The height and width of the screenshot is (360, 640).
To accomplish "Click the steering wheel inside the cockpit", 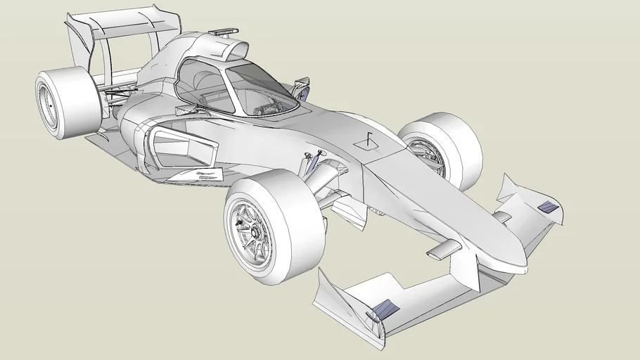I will (268, 109).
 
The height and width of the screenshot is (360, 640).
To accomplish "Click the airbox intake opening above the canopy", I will (235, 50).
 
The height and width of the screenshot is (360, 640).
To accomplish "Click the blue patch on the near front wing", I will (384, 309).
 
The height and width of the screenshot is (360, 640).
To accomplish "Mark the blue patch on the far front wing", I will (547, 206).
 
